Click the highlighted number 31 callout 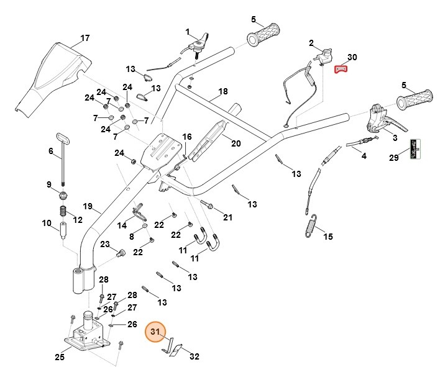click(x=155, y=332)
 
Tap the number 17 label click(x=85, y=38)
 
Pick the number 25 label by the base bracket click(x=59, y=356)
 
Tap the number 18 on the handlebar click(x=222, y=91)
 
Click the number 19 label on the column click(x=87, y=206)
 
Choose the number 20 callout click(x=235, y=143)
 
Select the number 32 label click(x=194, y=356)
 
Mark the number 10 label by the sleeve click(x=47, y=224)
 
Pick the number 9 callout click(x=49, y=184)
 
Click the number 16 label click(x=187, y=137)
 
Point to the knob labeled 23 click(x=121, y=253)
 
